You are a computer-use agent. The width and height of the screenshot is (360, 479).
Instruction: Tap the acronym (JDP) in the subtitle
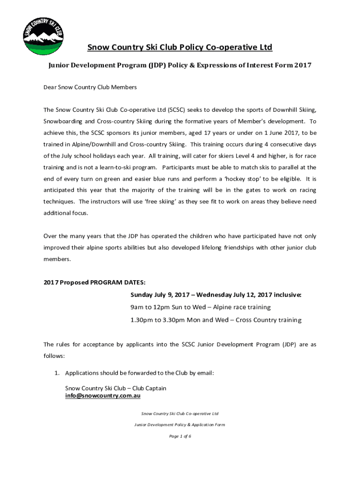pos(158,65)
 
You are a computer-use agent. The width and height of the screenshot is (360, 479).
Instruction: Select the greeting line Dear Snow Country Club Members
pos(90,87)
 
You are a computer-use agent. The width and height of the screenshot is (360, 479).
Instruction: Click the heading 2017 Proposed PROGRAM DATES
pos(94,283)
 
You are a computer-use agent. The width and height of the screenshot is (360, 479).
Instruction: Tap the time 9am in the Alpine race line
pos(138,307)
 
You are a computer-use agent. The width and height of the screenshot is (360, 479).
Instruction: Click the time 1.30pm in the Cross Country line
pos(142,320)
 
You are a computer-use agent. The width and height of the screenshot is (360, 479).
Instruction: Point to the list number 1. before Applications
pos(57,373)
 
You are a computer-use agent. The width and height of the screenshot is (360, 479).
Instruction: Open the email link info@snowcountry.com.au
pos(102,396)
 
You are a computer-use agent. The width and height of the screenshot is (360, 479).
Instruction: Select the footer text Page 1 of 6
pos(180,436)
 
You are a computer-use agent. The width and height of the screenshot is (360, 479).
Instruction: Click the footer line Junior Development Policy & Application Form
pos(180,425)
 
